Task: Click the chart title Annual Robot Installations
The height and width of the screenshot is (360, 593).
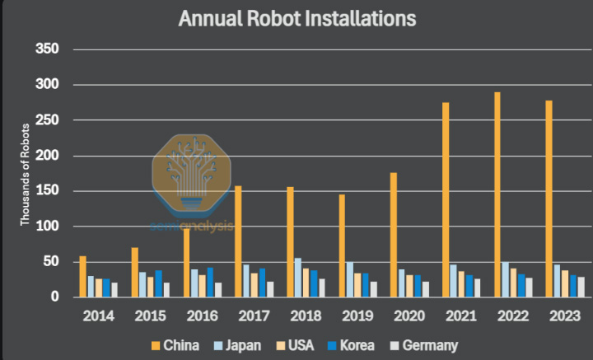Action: click(x=296, y=17)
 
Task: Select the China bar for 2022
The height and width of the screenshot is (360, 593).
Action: click(x=497, y=194)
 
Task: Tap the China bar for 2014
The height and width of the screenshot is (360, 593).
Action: click(x=83, y=276)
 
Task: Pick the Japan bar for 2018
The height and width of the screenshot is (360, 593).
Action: click(x=298, y=278)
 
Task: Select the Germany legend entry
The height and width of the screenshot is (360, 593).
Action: click(x=428, y=346)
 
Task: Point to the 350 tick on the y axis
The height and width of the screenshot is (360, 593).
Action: click(x=49, y=49)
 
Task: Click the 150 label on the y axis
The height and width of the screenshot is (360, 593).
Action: click(x=49, y=191)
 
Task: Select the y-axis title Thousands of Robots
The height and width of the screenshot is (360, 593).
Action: click(x=26, y=173)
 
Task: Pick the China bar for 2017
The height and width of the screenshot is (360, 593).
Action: click(x=239, y=241)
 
